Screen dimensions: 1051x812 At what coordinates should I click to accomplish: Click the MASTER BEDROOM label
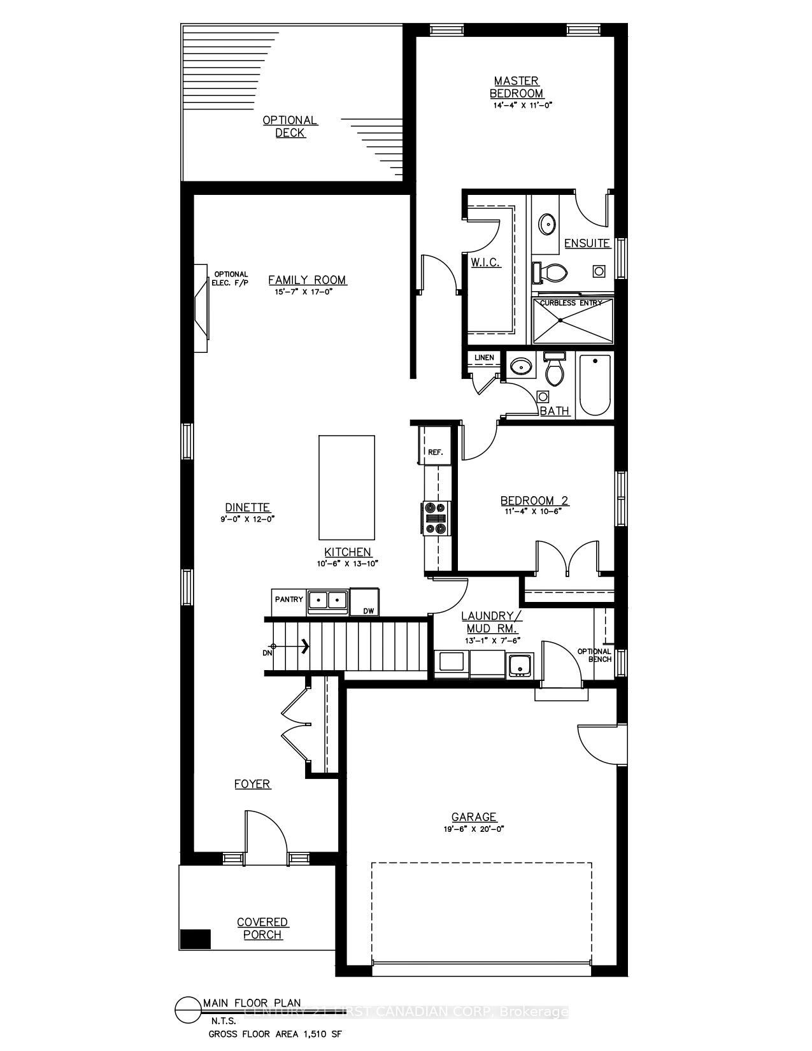[516, 87]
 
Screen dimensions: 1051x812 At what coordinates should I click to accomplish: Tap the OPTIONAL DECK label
[290, 126]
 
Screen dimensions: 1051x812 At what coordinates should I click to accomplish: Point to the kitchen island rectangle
[346, 487]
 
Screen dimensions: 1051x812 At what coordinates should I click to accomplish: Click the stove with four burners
[436, 517]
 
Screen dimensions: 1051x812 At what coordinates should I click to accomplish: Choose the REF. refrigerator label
[435, 452]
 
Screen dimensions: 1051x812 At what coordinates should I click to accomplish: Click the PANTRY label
[288, 599]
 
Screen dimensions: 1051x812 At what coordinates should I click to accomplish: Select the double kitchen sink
[327, 600]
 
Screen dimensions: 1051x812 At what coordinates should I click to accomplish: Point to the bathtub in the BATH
[595, 387]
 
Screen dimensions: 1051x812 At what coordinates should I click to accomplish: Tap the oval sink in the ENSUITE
[546, 224]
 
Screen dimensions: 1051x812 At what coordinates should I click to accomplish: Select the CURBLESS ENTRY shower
[572, 322]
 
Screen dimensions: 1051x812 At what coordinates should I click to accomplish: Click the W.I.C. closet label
[485, 262]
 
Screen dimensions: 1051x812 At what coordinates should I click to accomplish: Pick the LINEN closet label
[484, 357]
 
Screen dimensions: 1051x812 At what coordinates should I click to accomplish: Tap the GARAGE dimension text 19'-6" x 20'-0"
[474, 829]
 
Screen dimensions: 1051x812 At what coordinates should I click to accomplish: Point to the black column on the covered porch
[195, 939]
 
